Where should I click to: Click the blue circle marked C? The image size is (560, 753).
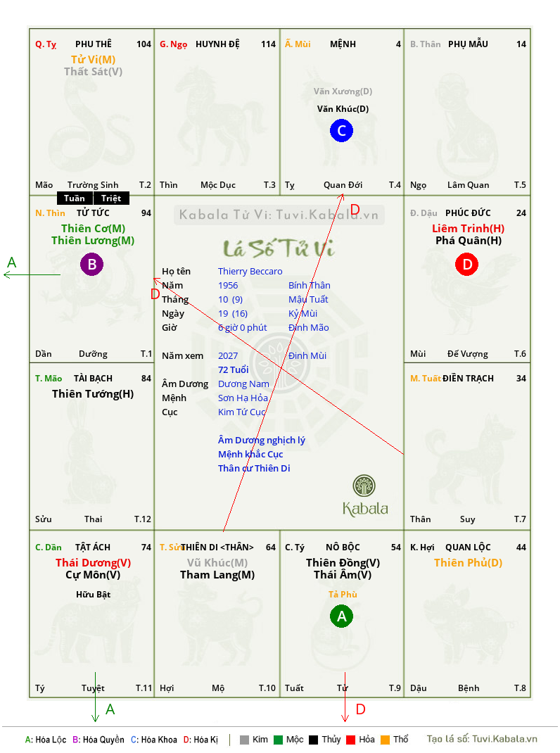341,131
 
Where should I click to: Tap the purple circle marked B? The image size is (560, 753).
91,264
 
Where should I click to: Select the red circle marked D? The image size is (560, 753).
467,264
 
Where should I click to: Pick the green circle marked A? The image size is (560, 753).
341,616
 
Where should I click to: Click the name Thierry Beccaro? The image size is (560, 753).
250,272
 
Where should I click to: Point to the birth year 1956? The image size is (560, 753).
228,285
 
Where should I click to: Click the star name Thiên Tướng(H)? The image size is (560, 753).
93,394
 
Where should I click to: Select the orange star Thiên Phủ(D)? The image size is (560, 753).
469,563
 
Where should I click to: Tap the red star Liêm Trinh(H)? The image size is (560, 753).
469,229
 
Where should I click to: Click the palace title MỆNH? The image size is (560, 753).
343,44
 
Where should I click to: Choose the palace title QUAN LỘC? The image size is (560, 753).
468,548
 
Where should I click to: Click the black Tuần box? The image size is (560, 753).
75,198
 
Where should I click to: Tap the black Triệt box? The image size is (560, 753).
111,198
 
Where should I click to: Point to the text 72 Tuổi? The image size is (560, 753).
234,369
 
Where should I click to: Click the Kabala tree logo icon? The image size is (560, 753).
364,486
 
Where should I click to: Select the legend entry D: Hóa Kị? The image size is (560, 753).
201,740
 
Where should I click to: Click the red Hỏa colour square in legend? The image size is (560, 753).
350,740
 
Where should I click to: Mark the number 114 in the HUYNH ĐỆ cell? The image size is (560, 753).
269,44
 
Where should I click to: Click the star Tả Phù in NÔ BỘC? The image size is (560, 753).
343,595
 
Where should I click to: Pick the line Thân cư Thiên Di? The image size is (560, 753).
254,468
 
